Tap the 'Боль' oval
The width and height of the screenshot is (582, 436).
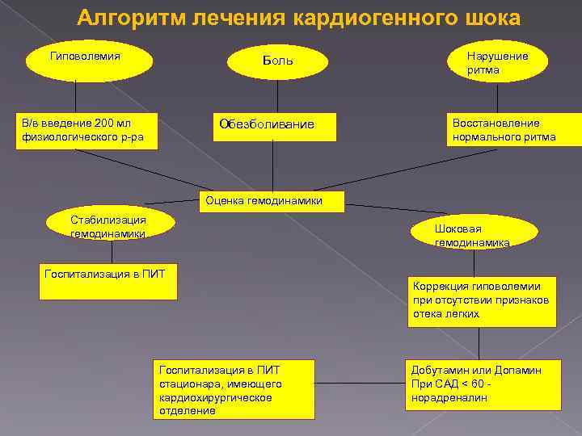(x=277, y=62)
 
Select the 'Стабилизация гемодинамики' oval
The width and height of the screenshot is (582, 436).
(x=108, y=227)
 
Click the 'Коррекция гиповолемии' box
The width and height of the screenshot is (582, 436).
(x=483, y=300)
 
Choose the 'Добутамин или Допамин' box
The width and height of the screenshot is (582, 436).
(x=483, y=383)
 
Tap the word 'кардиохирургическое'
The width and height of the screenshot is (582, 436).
(x=216, y=397)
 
